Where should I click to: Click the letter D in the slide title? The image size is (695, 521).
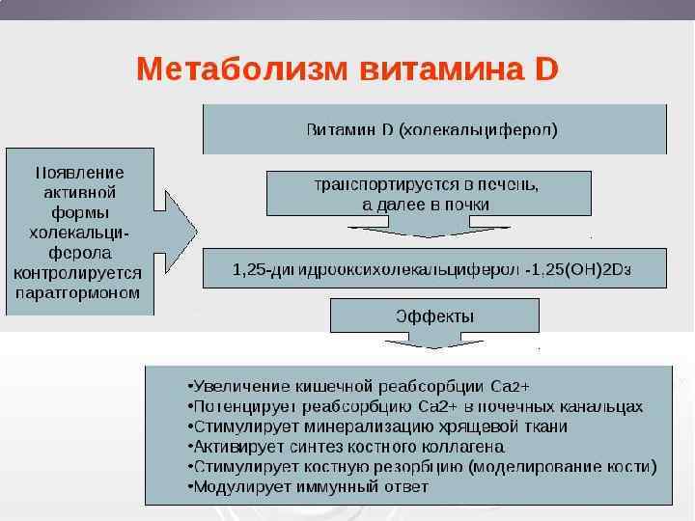coord(546,69)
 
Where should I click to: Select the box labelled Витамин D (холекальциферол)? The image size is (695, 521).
coord(433,129)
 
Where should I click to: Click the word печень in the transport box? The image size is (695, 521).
coord(503,184)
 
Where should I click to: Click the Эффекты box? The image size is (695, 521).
coord(434,316)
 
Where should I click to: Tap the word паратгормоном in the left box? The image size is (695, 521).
coord(80,291)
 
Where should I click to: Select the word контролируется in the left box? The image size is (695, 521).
coord(80,272)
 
